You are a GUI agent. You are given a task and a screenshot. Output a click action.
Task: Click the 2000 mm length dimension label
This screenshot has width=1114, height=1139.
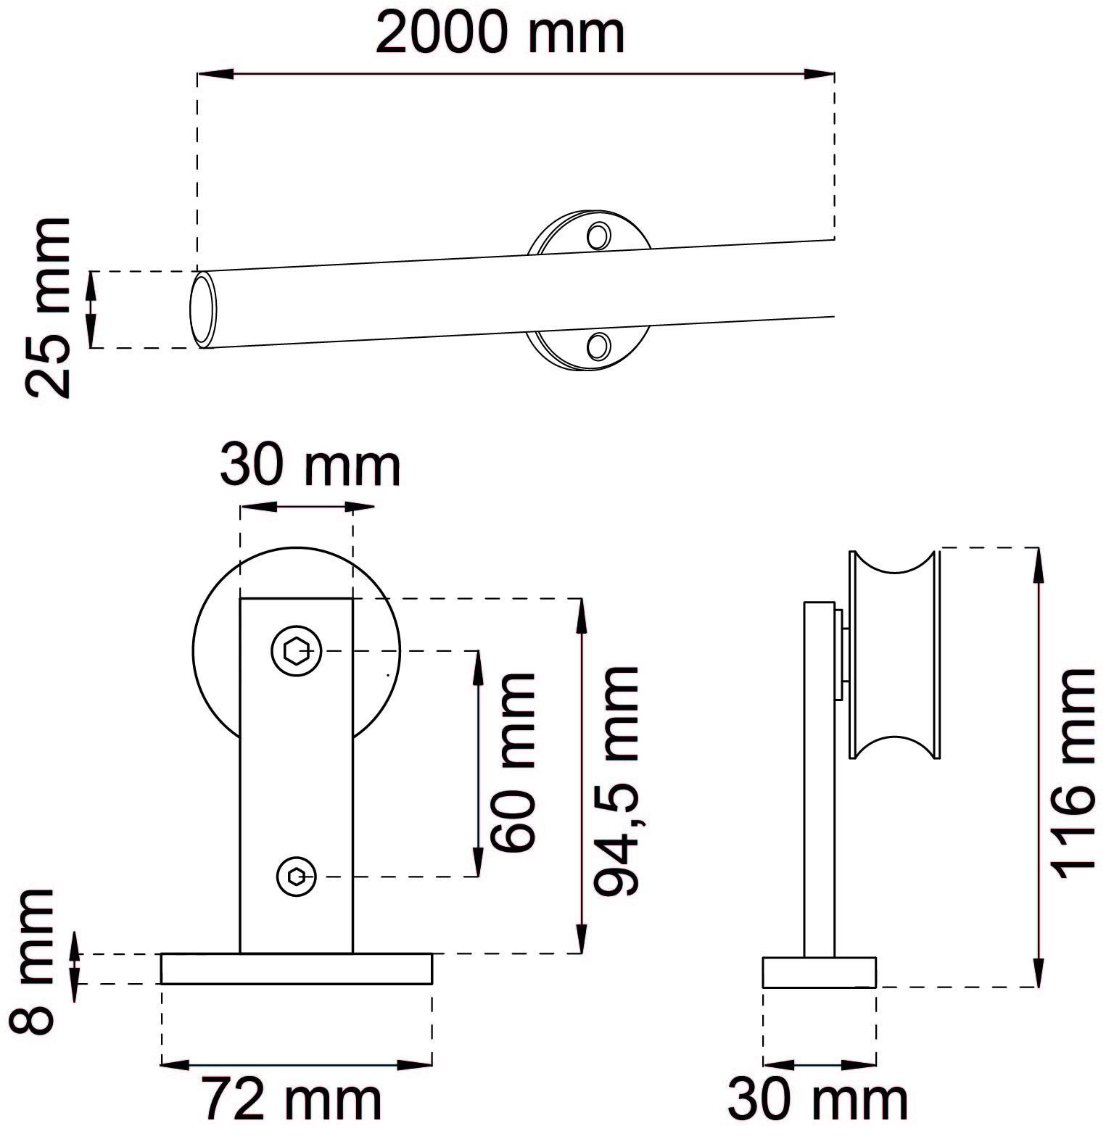pyautogui.click(x=500, y=33)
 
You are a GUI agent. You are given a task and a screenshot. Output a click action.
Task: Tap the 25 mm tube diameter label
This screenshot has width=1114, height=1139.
pyautogui.click(x=48, y=307)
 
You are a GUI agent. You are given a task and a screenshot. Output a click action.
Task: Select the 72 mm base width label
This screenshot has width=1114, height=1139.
pyautogui.click(x=292, y=1099)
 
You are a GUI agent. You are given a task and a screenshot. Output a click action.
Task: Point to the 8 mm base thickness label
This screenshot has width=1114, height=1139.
pyautogui.click(x=33, y=961)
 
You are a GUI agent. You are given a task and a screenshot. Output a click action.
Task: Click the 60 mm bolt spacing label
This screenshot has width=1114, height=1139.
pyautogui.click(x=512, y=762)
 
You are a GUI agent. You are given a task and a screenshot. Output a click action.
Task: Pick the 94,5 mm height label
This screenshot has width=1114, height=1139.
pyautogui.click(x=616, y=780)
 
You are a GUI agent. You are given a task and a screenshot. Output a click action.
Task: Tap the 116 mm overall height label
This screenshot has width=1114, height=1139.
pyautogui.click(x=1070, y=773)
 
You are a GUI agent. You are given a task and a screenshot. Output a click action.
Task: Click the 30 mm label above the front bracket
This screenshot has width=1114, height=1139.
pyautogui.click(x=310, y=465)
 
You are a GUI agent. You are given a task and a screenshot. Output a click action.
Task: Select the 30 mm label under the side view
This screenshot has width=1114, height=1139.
pyautogui.click(x=817, y=1099)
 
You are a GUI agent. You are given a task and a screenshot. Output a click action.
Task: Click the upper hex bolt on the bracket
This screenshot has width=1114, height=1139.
pyautogui.click(x=296, y=650)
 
